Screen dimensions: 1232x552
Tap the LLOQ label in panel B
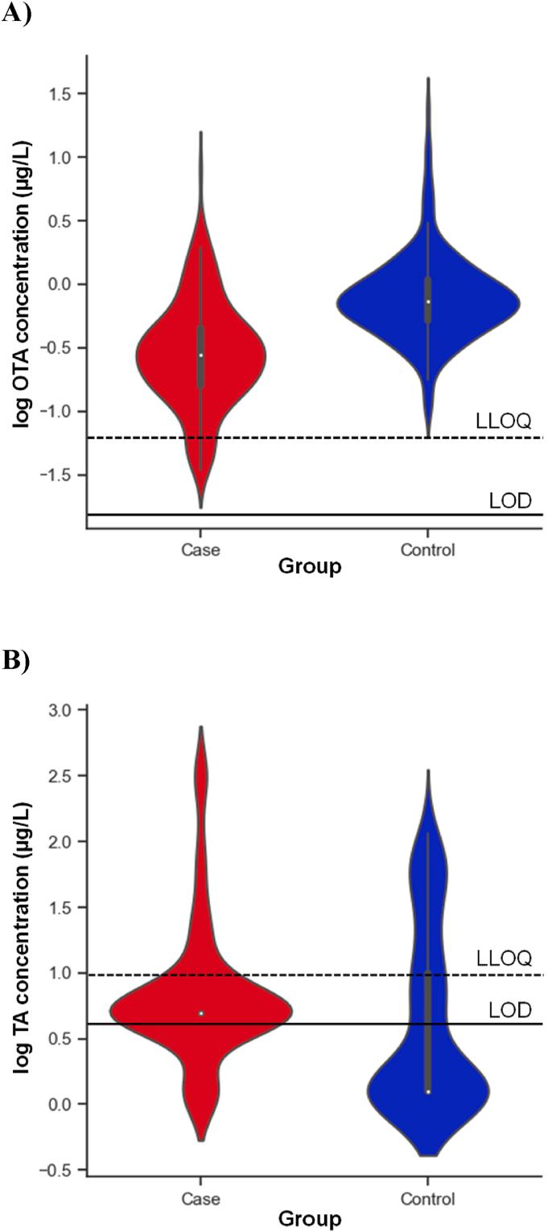[x=504, y=958]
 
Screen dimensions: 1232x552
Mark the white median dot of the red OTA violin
[x=200, y=355]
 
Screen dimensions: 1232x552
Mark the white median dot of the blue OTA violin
[x=428, y=302]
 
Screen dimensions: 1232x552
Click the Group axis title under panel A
[x=310, y=568]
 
